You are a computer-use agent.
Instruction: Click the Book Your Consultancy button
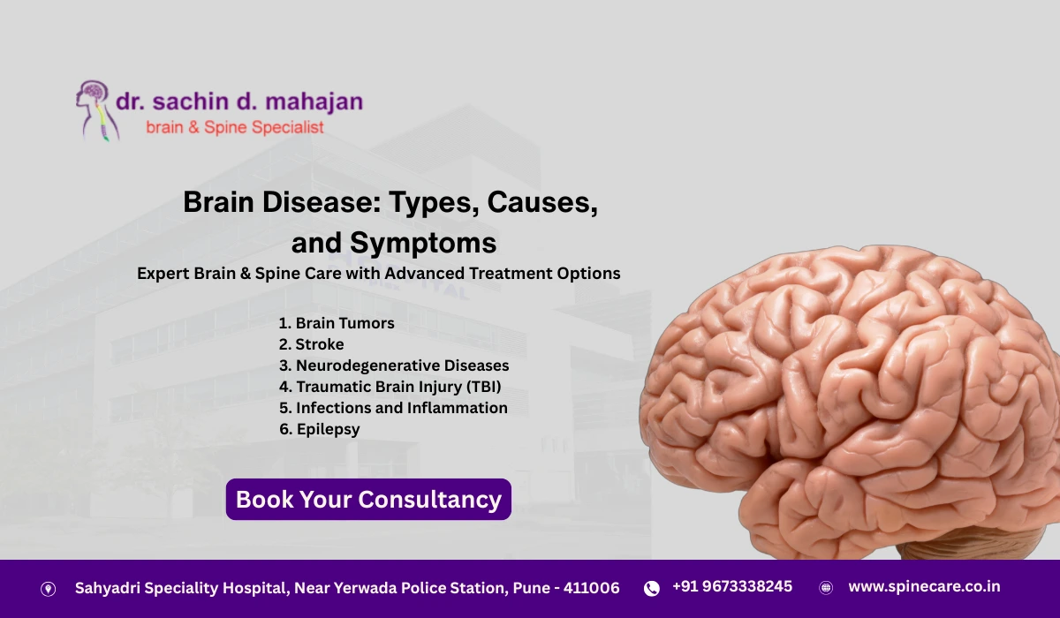368,500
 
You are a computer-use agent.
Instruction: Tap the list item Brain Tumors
337,323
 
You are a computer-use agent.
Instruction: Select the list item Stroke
311,344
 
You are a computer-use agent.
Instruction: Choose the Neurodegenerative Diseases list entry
394,366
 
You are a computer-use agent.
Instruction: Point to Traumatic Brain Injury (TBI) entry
390,387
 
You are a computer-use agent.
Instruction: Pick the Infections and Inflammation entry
393,408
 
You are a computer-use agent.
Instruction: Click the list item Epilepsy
320,429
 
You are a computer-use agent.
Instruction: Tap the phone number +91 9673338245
732,586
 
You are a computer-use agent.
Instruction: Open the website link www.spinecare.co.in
924,587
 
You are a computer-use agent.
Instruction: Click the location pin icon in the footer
49,589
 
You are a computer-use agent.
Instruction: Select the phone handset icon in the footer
652,588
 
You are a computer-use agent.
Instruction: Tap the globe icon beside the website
826,588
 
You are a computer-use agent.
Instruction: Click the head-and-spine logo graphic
97,110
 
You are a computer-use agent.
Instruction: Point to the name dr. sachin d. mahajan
239,102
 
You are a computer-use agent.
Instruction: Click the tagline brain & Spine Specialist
235,127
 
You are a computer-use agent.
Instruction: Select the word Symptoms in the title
423,243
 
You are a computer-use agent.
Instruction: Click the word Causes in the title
542,202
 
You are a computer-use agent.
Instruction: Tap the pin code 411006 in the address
591,588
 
